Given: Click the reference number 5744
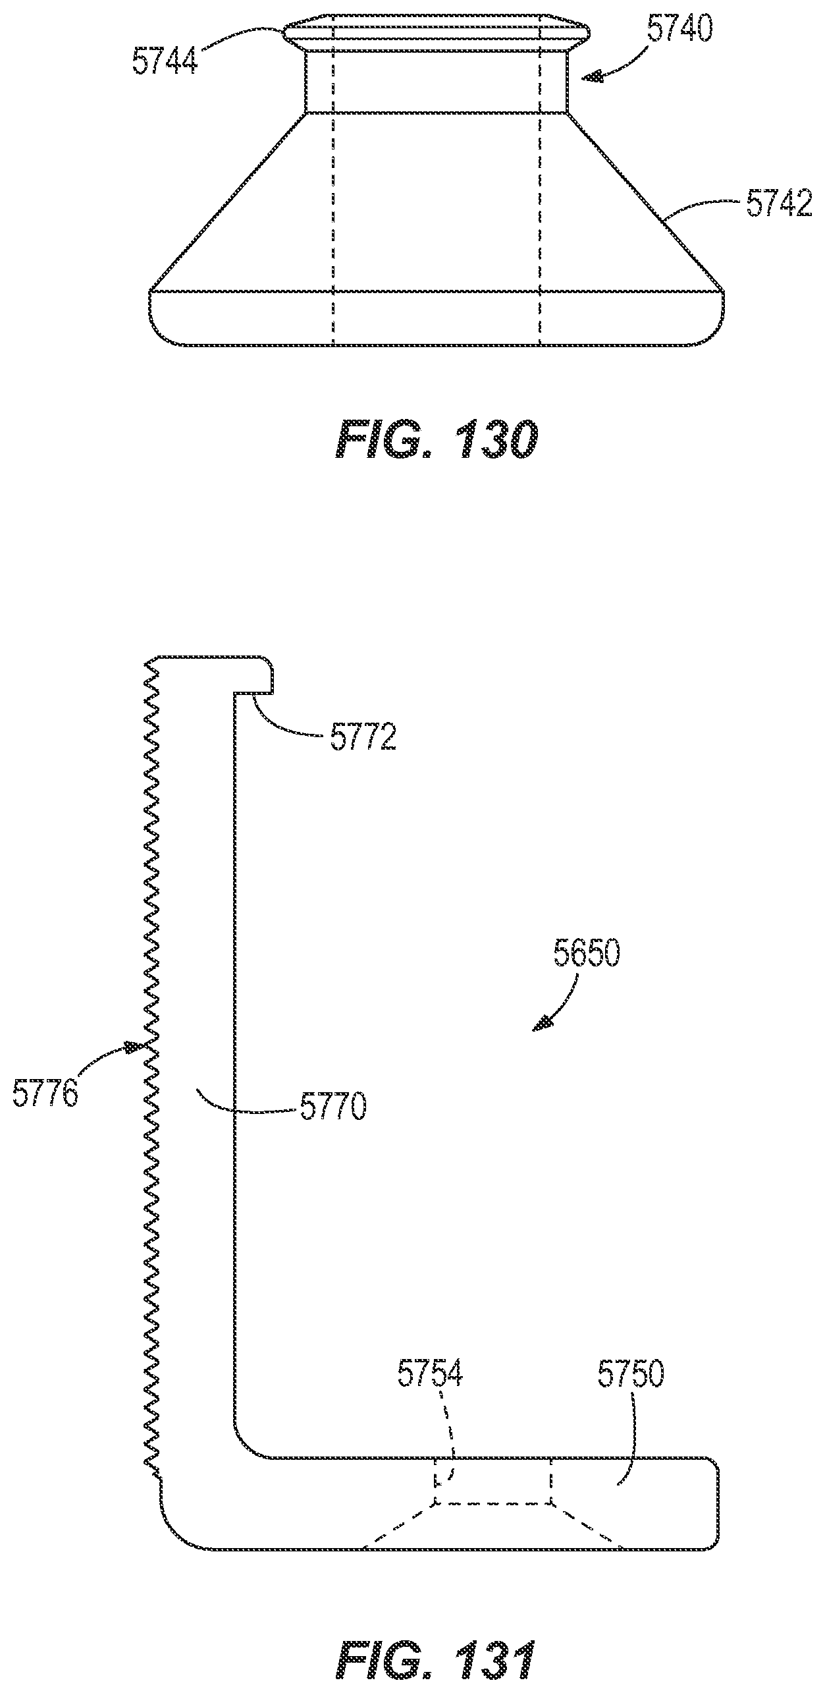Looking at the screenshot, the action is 165,61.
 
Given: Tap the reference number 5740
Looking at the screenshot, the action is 679,30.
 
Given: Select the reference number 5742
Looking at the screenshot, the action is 779,206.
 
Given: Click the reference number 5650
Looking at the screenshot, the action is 587,955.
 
